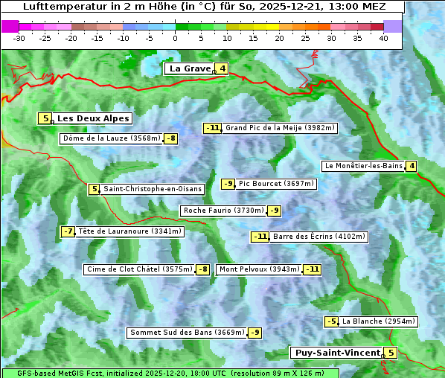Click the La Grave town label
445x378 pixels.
click(190, 68)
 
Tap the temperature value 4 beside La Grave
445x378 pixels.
click(222, 69)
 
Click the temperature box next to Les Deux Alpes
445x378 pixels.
click(45, 118)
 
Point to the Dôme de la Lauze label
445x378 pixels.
click(112, 138)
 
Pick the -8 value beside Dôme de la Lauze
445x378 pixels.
click(171, 138)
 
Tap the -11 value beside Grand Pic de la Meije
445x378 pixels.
click(213, 128)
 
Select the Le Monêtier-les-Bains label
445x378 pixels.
click(363, 166)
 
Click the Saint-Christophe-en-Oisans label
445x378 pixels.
click(153, 189)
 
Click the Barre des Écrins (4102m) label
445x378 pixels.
click(319, 237)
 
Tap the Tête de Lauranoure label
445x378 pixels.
click(130, 231)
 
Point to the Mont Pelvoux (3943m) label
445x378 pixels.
click(259, 269)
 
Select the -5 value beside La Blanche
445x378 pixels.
click(331, 321)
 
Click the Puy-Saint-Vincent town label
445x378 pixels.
click(336, 353)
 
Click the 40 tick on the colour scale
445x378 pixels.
click(383, 38)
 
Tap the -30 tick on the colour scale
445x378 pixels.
click(19, 38)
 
